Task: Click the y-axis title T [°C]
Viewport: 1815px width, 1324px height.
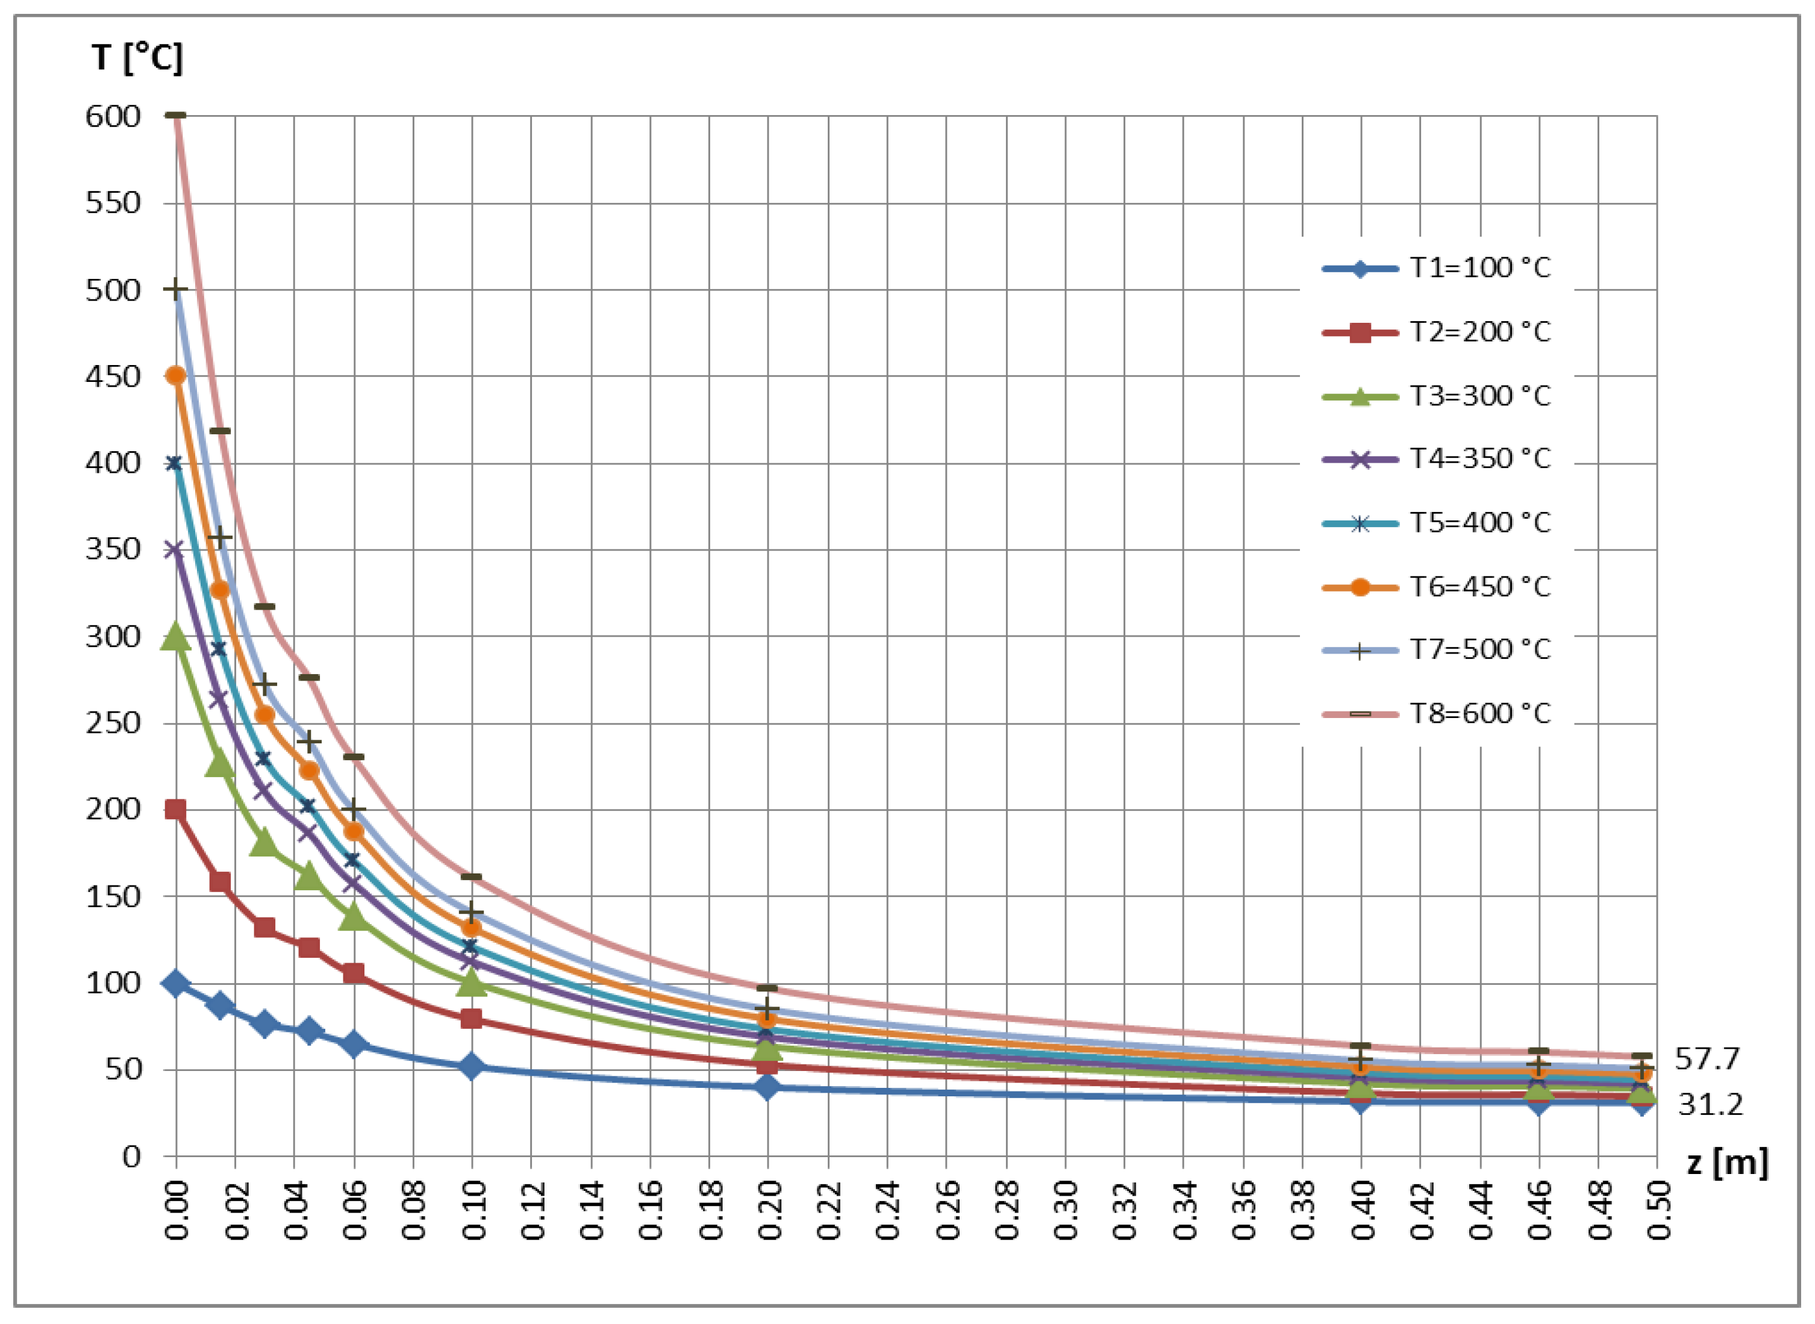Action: point(137,58)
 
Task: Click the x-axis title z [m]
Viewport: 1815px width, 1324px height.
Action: point(1727,1162)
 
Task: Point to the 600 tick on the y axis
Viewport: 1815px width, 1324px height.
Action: point(113,117)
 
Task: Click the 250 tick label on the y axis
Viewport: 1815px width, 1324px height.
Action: point(113,723)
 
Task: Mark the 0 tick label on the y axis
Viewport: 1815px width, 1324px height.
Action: point(131,1157)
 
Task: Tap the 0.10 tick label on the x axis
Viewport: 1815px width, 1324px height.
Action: point(473,1210)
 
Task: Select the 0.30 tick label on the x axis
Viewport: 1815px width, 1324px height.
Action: point(1066,1210)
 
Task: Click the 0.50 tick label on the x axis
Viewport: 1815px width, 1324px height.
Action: point(1657,1210)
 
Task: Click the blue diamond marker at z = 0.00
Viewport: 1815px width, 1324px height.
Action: point(175,984)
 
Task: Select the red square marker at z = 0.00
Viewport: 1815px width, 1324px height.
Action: point(175,810)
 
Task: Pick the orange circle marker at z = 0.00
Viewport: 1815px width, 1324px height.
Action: point(175,376)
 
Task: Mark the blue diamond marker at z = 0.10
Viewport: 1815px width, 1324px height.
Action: point(472,1067)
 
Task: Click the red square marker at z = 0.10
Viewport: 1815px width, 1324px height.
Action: point(472,1019)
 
